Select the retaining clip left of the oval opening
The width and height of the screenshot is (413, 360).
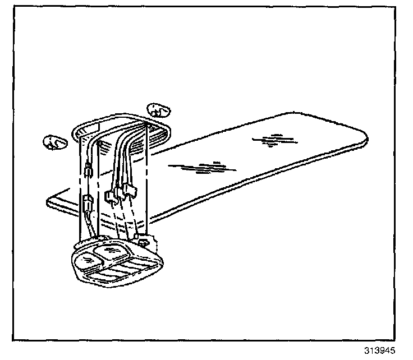pyautogui.click(x=54, y=142)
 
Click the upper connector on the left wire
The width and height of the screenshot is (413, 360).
pyautogui.click(x=88, y=170)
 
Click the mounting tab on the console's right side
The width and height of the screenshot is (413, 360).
pyautogui.click(x=144, y=242)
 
